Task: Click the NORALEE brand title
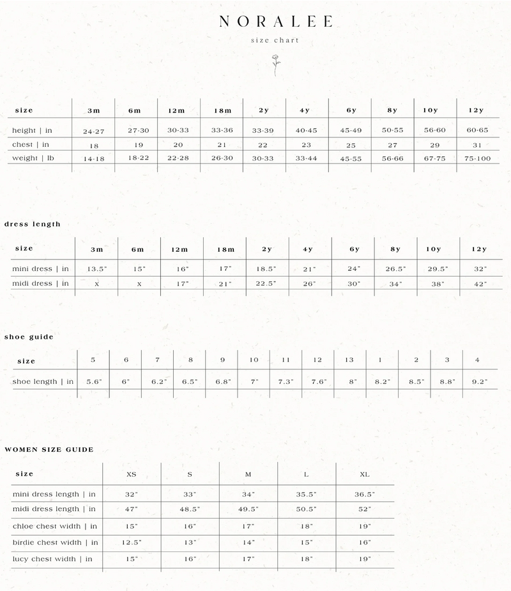(275, 22)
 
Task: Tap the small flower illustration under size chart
(276, 65)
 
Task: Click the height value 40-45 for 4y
(305, 131)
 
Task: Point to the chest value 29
(435, 145)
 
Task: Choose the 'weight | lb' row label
(38, 158)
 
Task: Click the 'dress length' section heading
(33, 224)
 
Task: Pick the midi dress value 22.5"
(266, 284)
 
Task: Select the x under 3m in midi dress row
(96, 284)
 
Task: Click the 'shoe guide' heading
(29, 337)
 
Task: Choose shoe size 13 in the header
(349, 360)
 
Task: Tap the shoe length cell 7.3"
(286, 381)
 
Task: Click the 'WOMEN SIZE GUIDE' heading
(49, 450)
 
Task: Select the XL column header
(364, 475)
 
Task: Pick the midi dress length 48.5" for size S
(190, 510)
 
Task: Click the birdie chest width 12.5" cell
(131, 542)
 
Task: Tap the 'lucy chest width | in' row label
(52, 559)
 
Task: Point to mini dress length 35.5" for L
(307, 495)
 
